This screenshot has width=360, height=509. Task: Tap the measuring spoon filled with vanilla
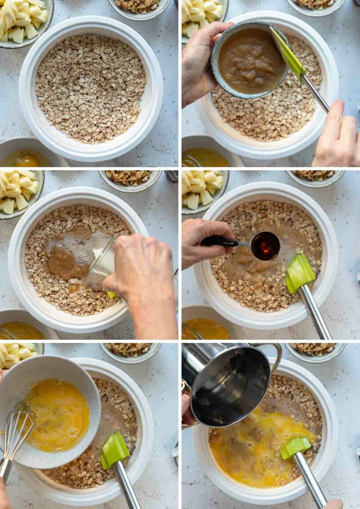[265, 246]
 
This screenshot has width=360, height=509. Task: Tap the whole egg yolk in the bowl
[28, 161]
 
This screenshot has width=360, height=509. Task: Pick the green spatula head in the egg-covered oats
[295, 447]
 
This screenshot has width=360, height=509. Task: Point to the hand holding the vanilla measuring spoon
[205, 241]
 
